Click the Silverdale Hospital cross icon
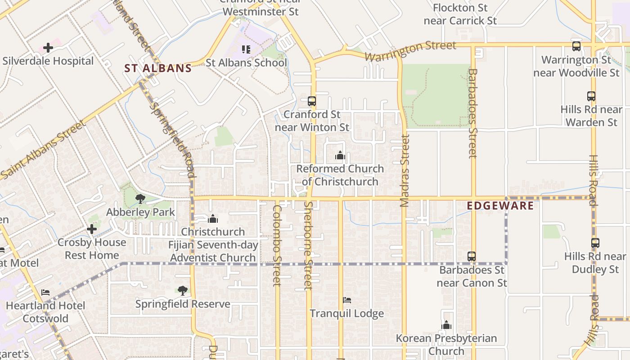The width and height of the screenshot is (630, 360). click(48, 48)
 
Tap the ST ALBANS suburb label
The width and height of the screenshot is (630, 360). click(158, 68)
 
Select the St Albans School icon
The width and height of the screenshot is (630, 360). click(246, 49)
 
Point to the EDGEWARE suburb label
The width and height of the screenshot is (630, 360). click(500, 206)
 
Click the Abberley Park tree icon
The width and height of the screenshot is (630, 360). click(140, 198)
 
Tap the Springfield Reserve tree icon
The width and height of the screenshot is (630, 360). click(182, 290)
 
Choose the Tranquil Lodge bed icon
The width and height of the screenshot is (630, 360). click(347, 300)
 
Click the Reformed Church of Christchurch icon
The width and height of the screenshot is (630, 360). click(340, 156)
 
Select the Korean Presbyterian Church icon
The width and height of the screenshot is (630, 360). click(446, 325)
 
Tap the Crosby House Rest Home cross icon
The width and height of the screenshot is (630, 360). click(92, 229)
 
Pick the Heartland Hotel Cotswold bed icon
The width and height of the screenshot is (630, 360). click(45, 292)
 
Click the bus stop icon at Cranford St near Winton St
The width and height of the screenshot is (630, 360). click(312, 101)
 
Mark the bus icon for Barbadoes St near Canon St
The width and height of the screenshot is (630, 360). click(472, 256)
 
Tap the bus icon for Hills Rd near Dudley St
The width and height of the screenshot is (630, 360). click(595, 243)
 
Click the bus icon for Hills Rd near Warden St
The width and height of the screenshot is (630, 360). click(591, 96)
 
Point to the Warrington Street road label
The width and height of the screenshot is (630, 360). click(410, 50)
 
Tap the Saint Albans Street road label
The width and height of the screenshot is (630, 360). click(43, 149)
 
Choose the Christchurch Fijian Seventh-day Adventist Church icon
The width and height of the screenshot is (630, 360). click(213, 219)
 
